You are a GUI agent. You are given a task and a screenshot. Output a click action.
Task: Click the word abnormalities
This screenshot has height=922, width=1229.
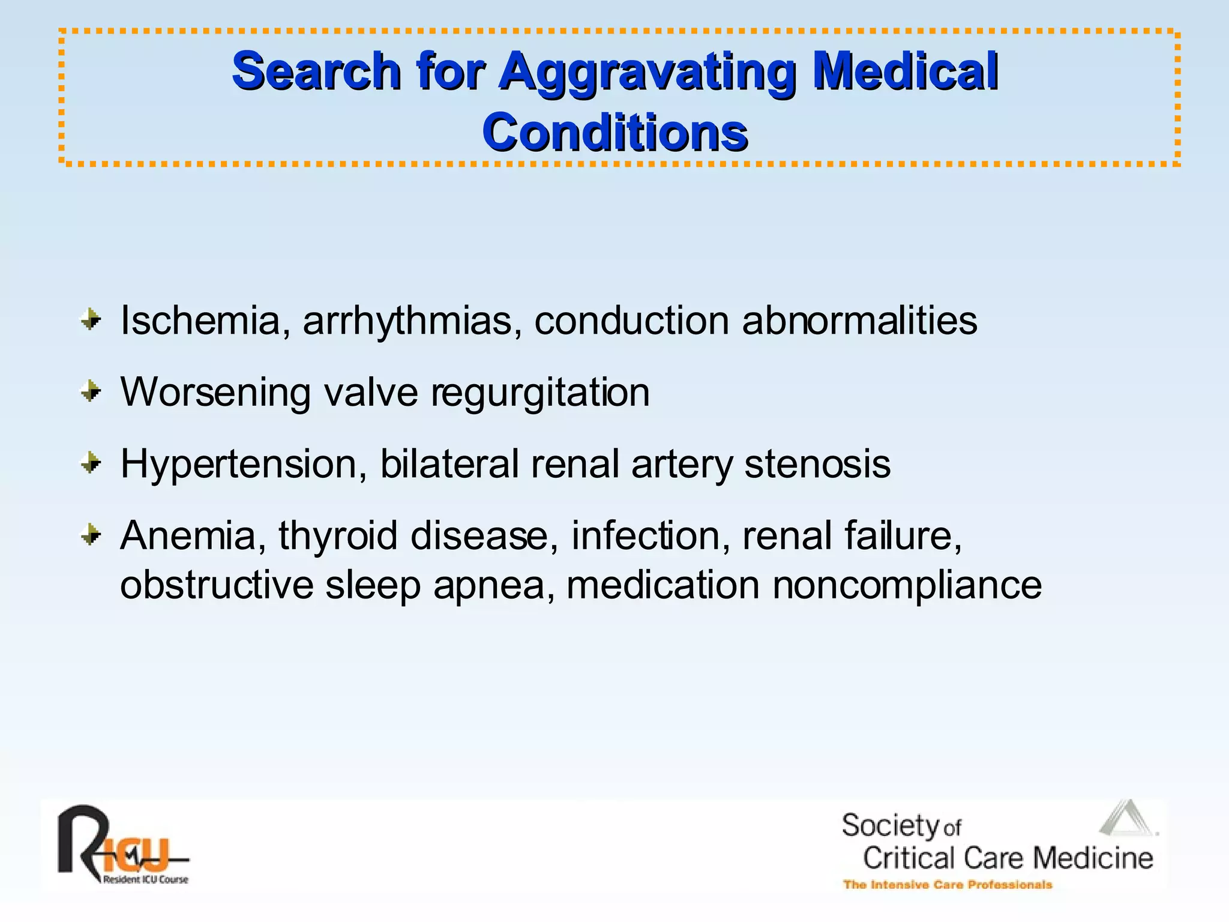859,321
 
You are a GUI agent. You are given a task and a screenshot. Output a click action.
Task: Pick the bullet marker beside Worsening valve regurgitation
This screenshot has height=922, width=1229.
91,392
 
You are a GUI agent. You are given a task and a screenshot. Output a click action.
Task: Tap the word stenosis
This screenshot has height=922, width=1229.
817,465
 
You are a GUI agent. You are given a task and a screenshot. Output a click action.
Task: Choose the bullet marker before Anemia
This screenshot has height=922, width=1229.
91,534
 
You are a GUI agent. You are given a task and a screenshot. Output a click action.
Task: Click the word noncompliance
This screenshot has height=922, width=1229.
907,585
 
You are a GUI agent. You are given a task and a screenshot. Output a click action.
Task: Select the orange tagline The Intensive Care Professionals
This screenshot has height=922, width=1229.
948,885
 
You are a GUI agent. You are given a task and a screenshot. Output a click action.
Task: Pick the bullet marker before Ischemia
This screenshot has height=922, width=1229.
91,320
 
